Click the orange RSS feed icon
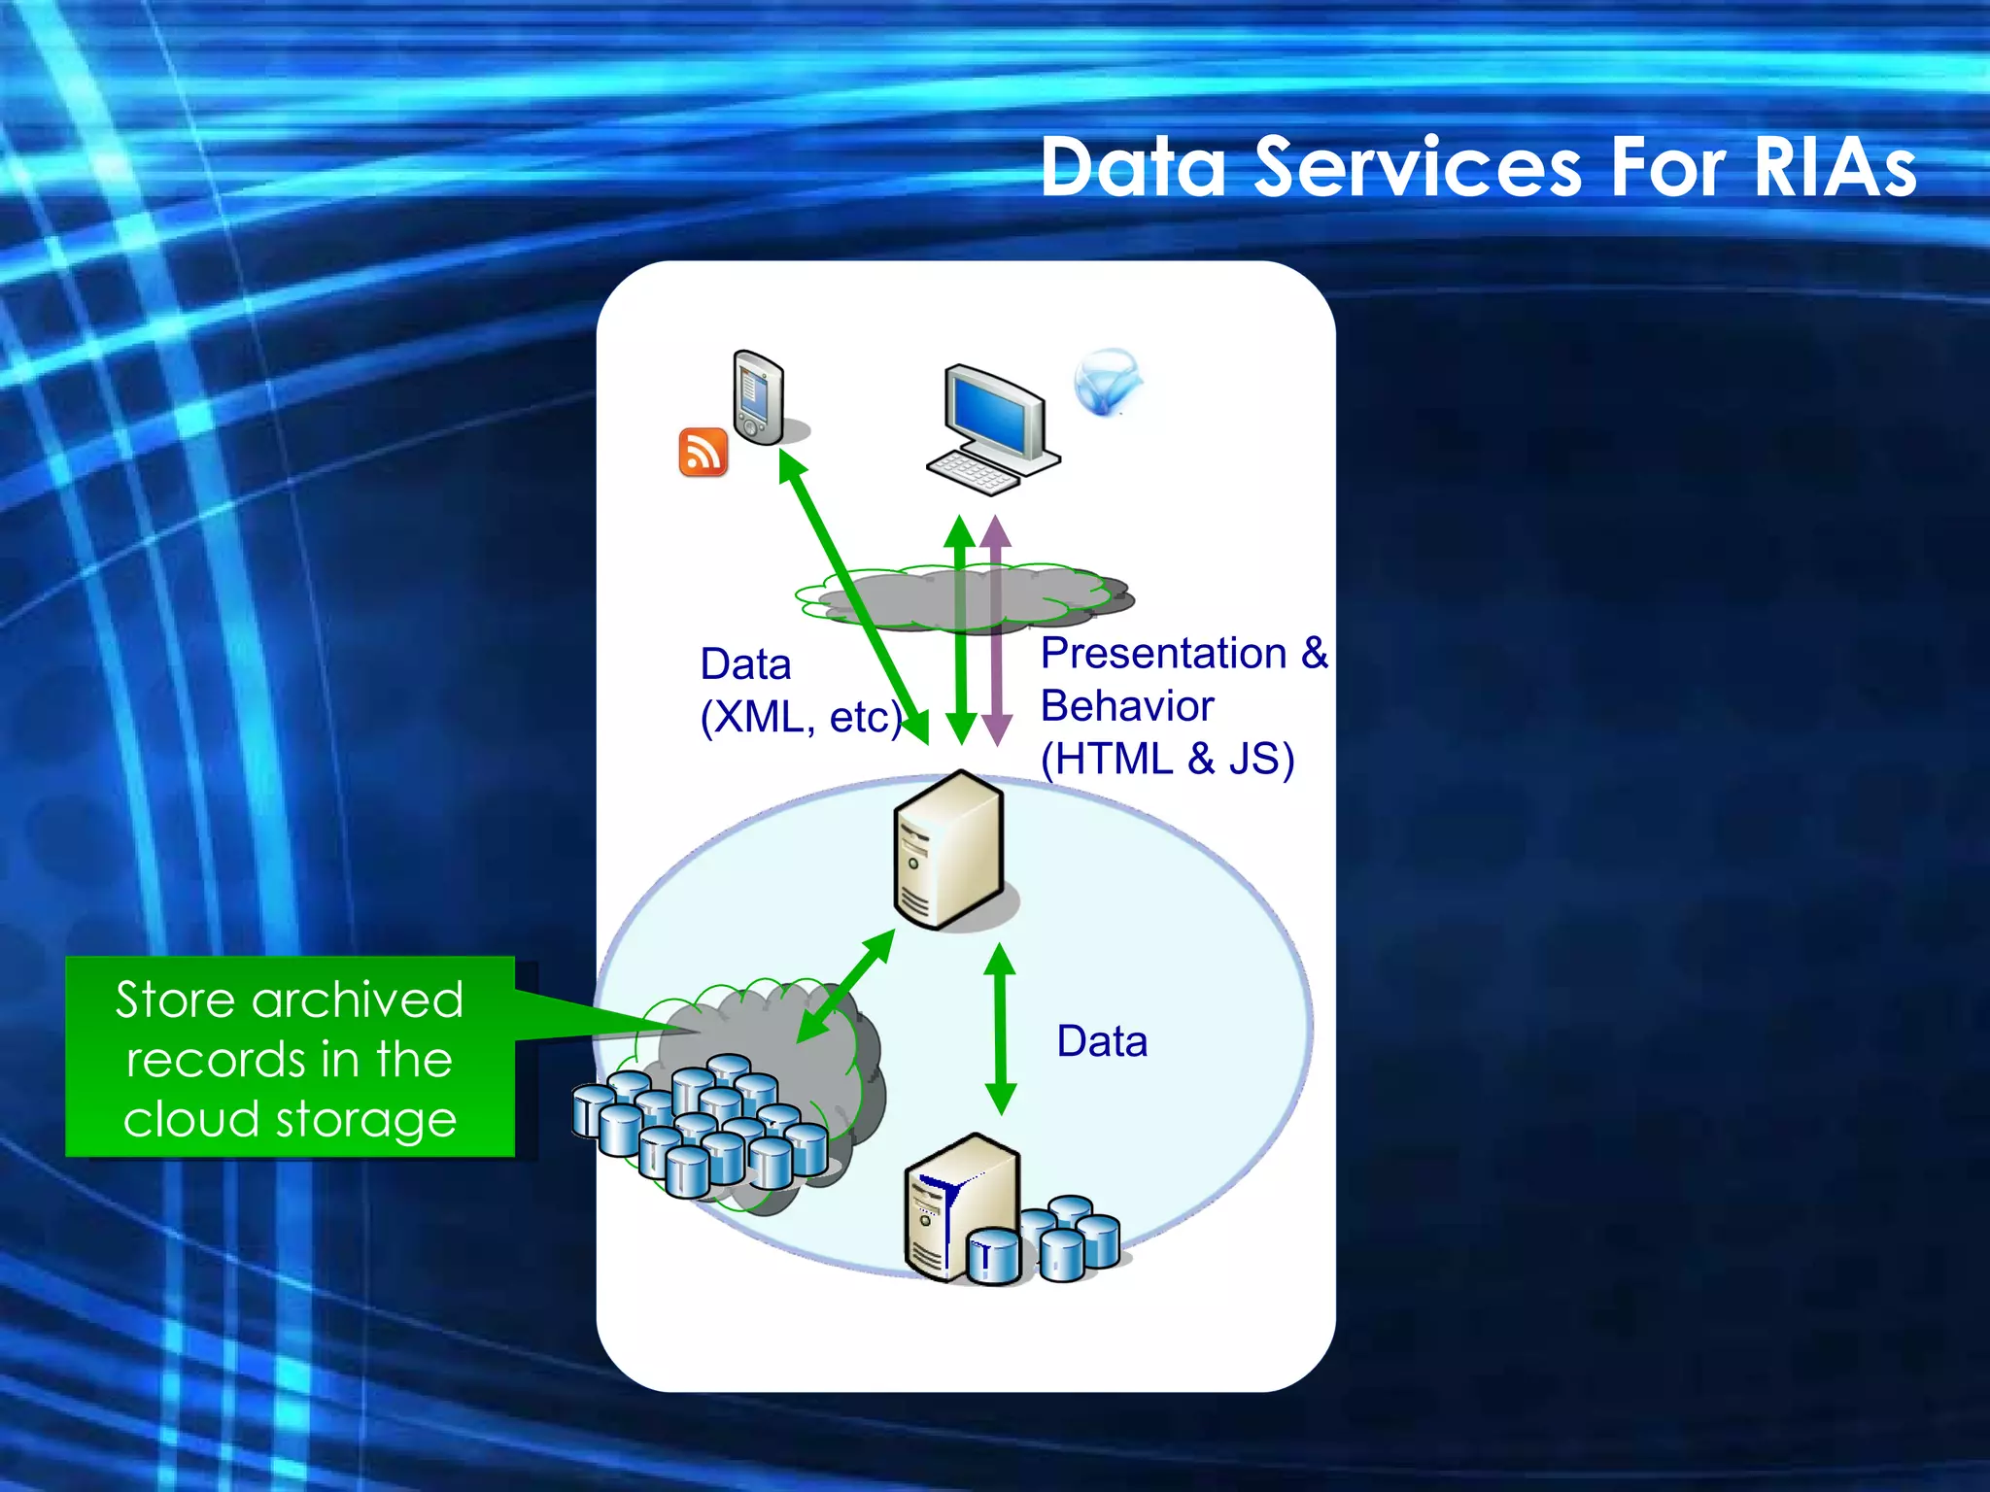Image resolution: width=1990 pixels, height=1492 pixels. tap(703, 453)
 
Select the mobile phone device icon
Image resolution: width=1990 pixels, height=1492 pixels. tap(758, 397)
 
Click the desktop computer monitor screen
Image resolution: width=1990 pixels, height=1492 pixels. tap(993, 413)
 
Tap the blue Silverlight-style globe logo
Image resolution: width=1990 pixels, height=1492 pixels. tap(1106, 382)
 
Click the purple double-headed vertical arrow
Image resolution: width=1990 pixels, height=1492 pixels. tap(996, 631)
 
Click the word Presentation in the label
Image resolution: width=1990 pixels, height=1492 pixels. tap(1163, 654)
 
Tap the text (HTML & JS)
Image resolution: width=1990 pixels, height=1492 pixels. tap(1167, 759)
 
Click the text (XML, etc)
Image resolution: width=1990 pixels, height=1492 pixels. tap(800, 718)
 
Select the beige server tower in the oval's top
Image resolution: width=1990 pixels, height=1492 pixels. tap(948, 850)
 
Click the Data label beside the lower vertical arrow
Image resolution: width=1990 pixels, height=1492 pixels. tap(1102, 1041)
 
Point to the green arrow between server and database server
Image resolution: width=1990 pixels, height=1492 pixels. tap(999, 1030)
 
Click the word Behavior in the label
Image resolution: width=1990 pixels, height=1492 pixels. tap(1127, 706)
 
